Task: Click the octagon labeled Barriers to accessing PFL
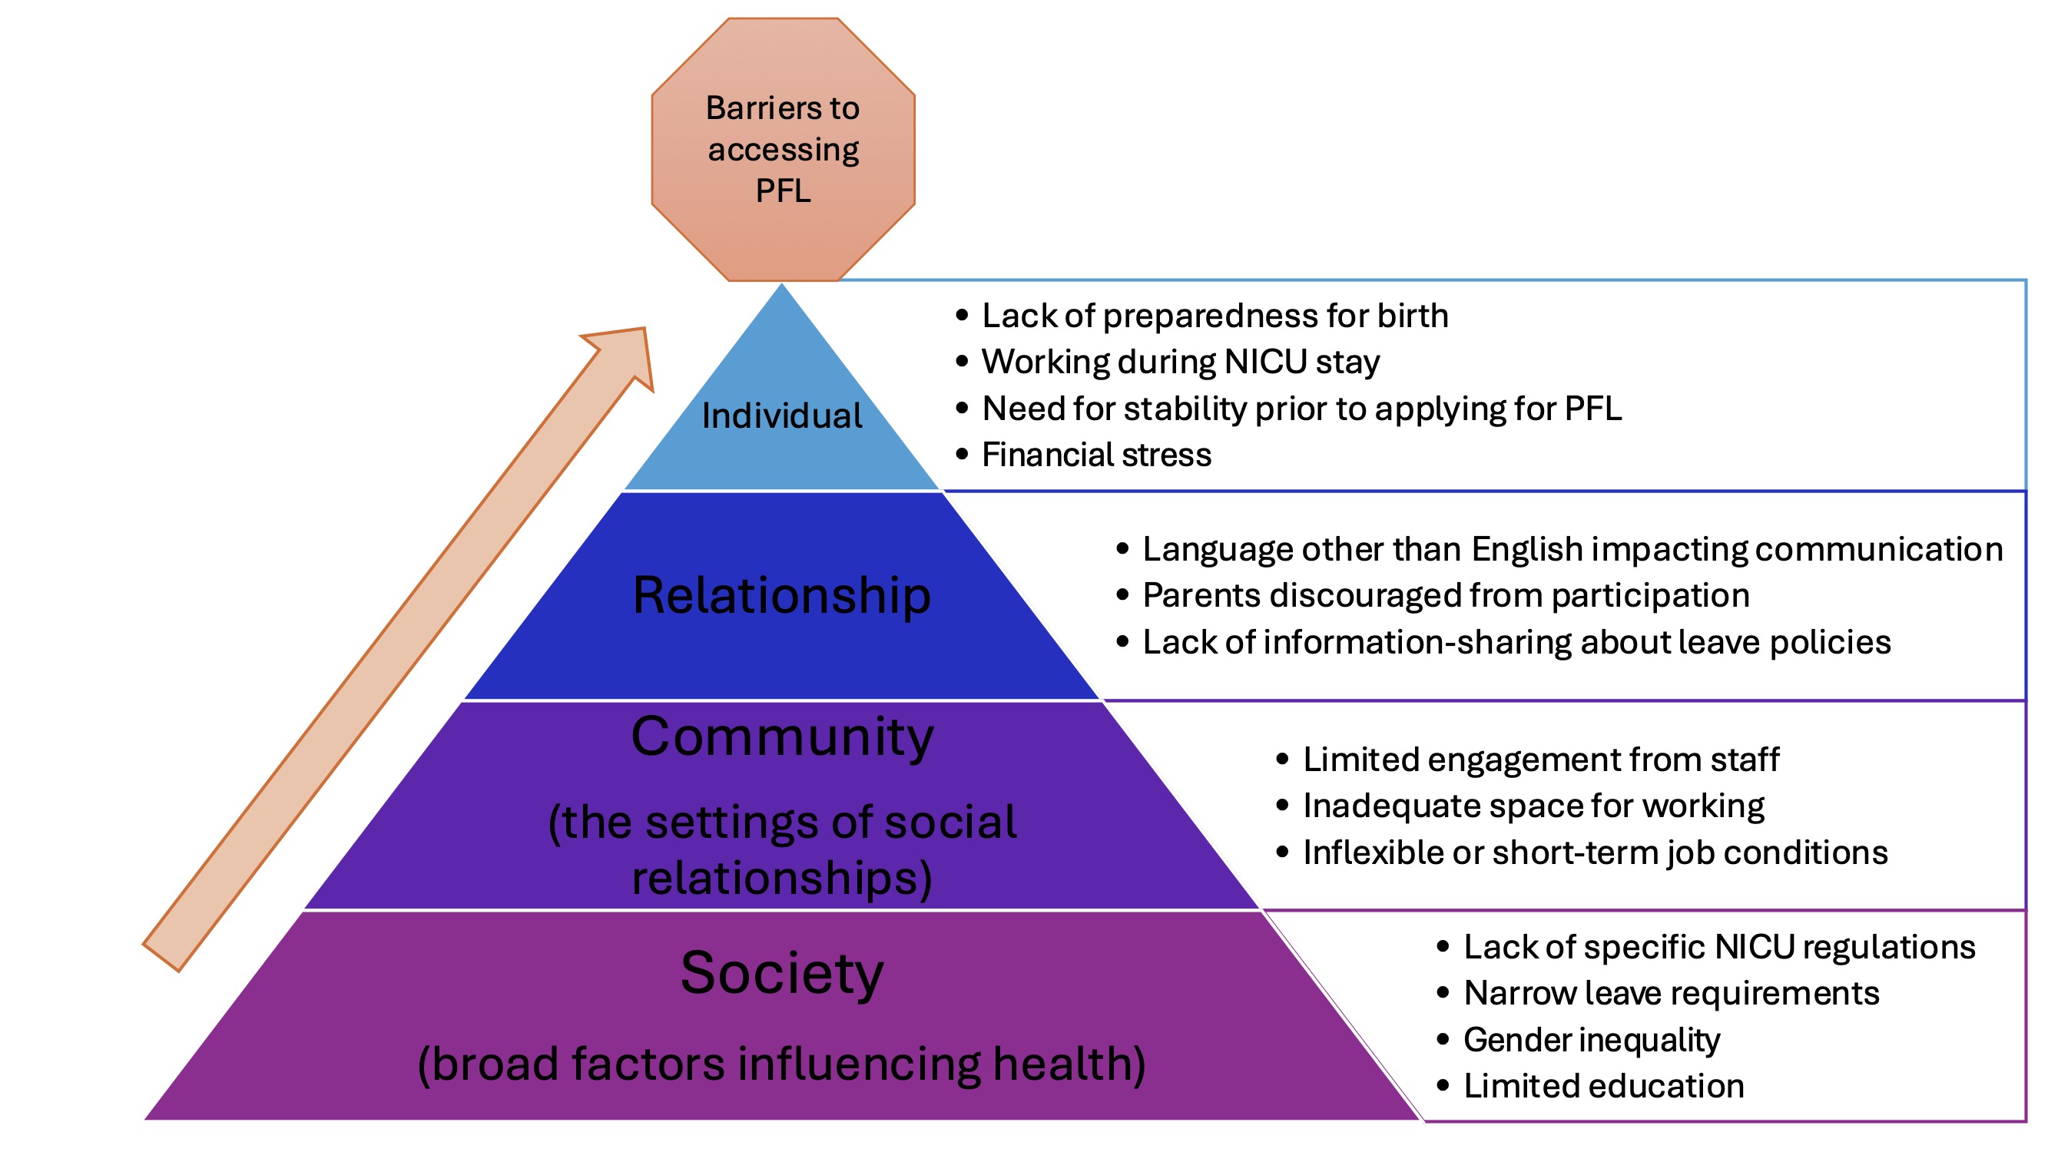[x=783, y=150]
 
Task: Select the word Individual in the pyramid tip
[x=782, y=415]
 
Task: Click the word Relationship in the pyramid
[x=781, y=595]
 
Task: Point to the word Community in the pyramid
[x=782, y=738]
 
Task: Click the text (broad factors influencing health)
[x=781, y=1064]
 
